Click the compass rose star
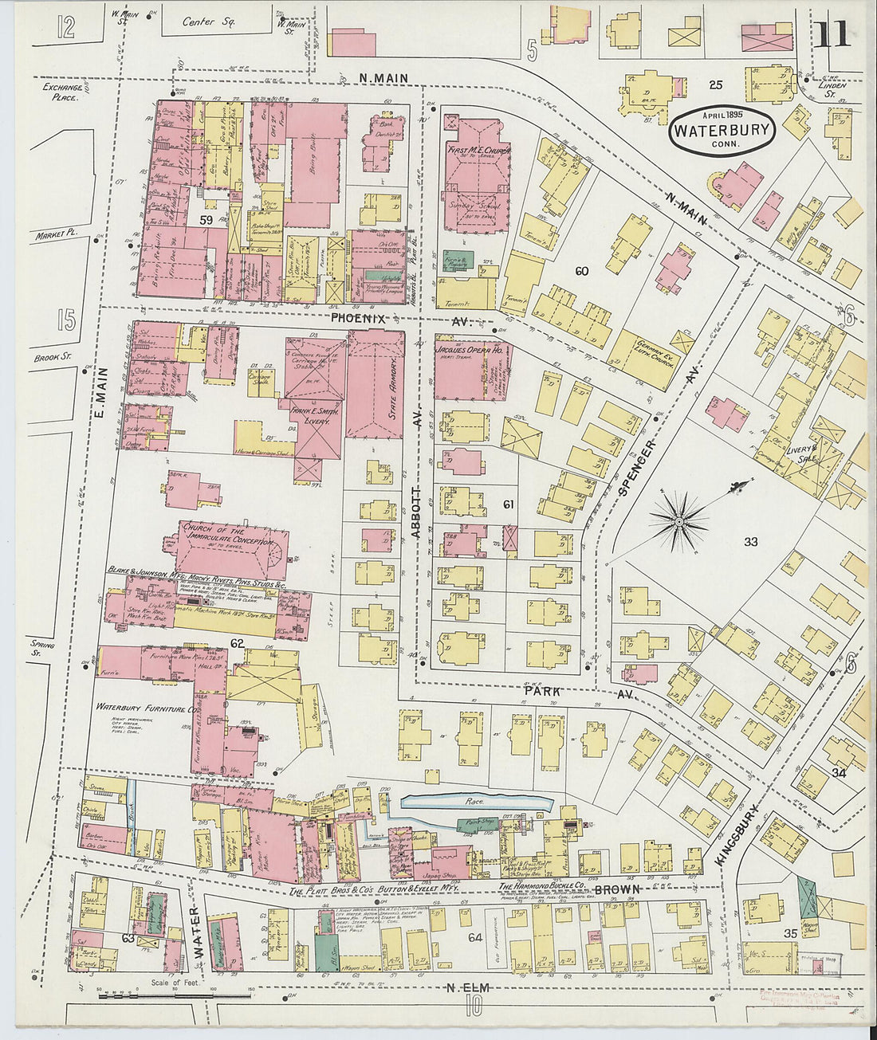pyautogui.click(x=678, y=522)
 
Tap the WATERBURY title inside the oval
pyautogui.click(x=722, y=130)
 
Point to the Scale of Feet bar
pyautogui.click(x=173, y=995)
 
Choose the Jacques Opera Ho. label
pyautogui.click(x=469, y=349)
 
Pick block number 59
pyautogui.click(x=206, y=220)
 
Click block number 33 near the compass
pyautogui.click(x=750, y=542)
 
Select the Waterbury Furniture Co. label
pyautogui.click(x=147, y=707)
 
